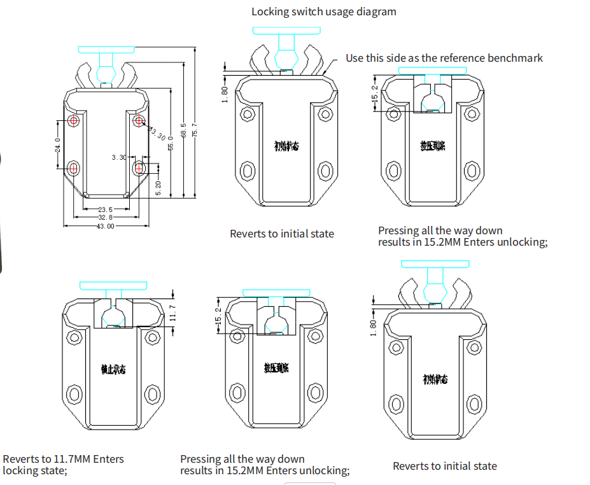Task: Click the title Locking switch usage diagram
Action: pyautogui.click(x=323, y=11)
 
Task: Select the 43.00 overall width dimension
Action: pyautogui.click(x=105, y=226)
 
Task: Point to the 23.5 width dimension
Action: pyautogui.click(x=105, y=209)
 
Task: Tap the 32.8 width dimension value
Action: pyautogui.click(x=105, y=217)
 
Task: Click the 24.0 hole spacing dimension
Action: pyautogui.click(x=57, y=144)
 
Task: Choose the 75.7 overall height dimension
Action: pyautogui.click(x=195, y=129)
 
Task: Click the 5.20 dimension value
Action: pyautogui.click(x=158, y=188)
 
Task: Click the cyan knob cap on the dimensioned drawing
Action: pyautogui.click(x=106, y=49)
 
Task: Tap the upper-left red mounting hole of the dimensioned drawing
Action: pyautogui.click(x=74, y=120)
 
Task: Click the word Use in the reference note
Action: pyautogui.click(x=355, y=58)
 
